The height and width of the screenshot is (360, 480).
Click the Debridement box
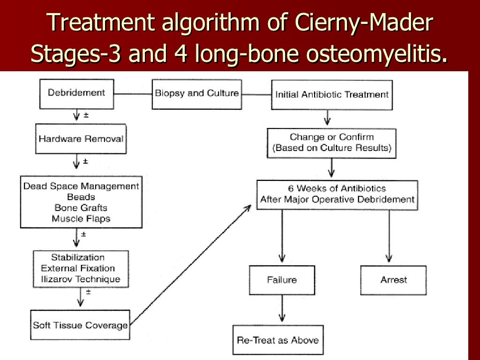point(76,93)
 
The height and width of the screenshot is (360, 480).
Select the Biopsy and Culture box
point(197,93)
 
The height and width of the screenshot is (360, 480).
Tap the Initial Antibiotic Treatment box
point(331,94)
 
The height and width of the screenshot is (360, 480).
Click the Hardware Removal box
point(81,139)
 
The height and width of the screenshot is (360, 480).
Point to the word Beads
point(81,197)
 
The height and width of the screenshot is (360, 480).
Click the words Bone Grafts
point(81,208)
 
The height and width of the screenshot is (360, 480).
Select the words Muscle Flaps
point(81,218)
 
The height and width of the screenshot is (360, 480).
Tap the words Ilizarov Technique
point(80,279)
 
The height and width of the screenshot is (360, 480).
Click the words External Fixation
point(78,268)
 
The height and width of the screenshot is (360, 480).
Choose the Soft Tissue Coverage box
point(80,325)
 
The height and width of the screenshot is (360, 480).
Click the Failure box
point(282,280)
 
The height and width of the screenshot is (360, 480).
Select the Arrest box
point(393,280)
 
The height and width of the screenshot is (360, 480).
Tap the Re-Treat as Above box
point(277,340)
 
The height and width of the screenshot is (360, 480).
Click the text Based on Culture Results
point(332,148)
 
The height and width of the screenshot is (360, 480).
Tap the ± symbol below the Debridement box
point(86,115)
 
